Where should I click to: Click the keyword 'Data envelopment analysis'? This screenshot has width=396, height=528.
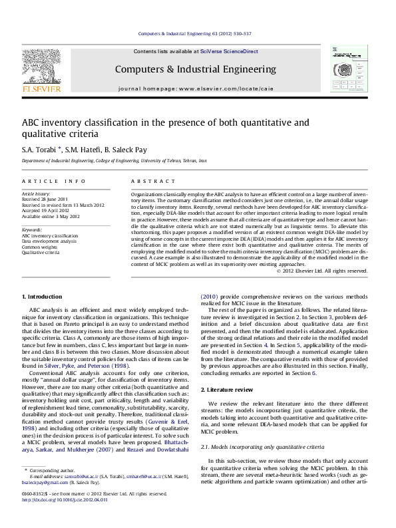47,240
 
